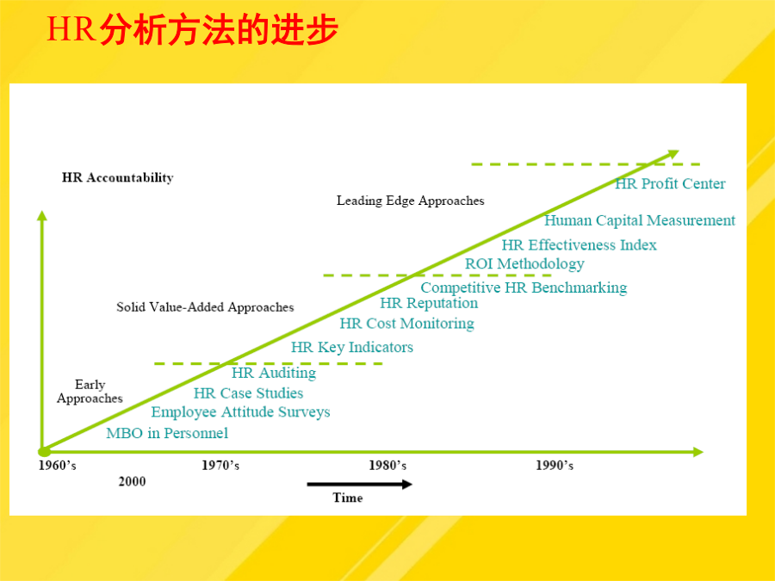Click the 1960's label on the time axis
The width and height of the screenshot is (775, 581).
pos(58,466)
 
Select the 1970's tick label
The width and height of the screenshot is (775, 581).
pos(220,466)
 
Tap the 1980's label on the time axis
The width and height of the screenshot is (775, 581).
pos(387,466)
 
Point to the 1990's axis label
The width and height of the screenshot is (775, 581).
pos(555,466)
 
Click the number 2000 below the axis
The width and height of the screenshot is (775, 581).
pos(132,482)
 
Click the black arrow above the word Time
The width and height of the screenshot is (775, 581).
pos(359,484)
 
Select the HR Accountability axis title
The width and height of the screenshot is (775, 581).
pos(118,178)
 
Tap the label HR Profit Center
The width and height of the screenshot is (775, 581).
pos(670,184)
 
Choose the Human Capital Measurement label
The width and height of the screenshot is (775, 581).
pos(640,220)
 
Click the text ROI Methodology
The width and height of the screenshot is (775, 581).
pos(524,264)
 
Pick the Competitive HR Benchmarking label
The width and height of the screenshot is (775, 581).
pos(524,287)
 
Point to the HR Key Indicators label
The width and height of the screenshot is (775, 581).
pos(352,348)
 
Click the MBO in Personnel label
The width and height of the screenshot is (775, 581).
pos(167,433)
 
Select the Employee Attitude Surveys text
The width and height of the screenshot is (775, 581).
pos(241,412)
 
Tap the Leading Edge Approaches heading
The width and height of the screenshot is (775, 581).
pos(410,201)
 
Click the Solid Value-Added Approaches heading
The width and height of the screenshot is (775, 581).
pos(205,307)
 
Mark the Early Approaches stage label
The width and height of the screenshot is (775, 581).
pos(90,392)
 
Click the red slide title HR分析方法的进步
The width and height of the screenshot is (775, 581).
pos(192,29)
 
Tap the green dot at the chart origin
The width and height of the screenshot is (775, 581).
pos(44,452)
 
